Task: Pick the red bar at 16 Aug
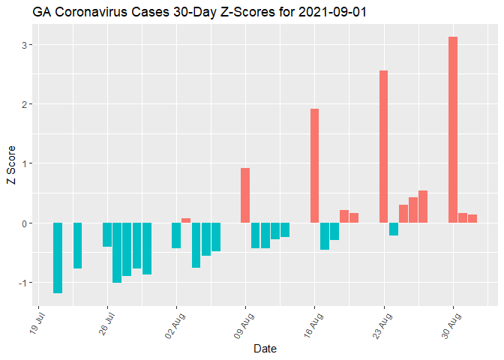click(x=315, y=166)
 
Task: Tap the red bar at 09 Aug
click(x=245, y=195)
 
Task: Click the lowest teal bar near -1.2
click(x=58, y=257)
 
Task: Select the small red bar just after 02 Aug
click(x=186, y=220)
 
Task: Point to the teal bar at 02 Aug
click(x=176, y=235)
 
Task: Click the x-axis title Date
click(x=265, y=349)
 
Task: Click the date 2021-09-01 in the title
click(x=333, y=13)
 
